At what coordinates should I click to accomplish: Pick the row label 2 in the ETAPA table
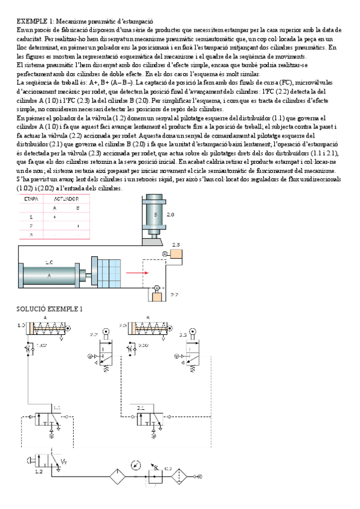coord(31,226)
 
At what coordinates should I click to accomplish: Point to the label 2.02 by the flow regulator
coord(143,346)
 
